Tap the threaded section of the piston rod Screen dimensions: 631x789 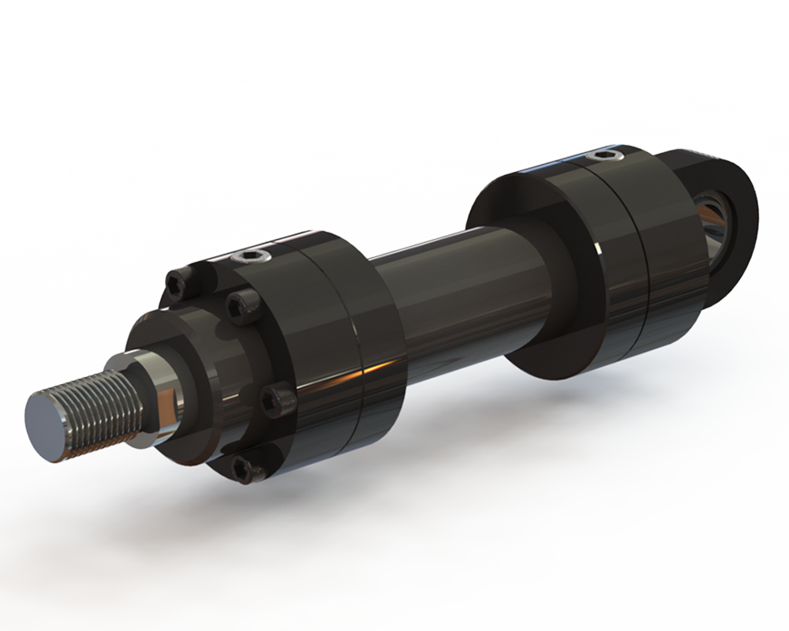coord(99,410)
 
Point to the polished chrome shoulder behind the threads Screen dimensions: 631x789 coord(158,398)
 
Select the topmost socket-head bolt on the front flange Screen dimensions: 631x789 coord(177,285)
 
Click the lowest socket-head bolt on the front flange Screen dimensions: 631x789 coord(249,470)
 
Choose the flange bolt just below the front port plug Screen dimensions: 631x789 coord(243,304)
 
